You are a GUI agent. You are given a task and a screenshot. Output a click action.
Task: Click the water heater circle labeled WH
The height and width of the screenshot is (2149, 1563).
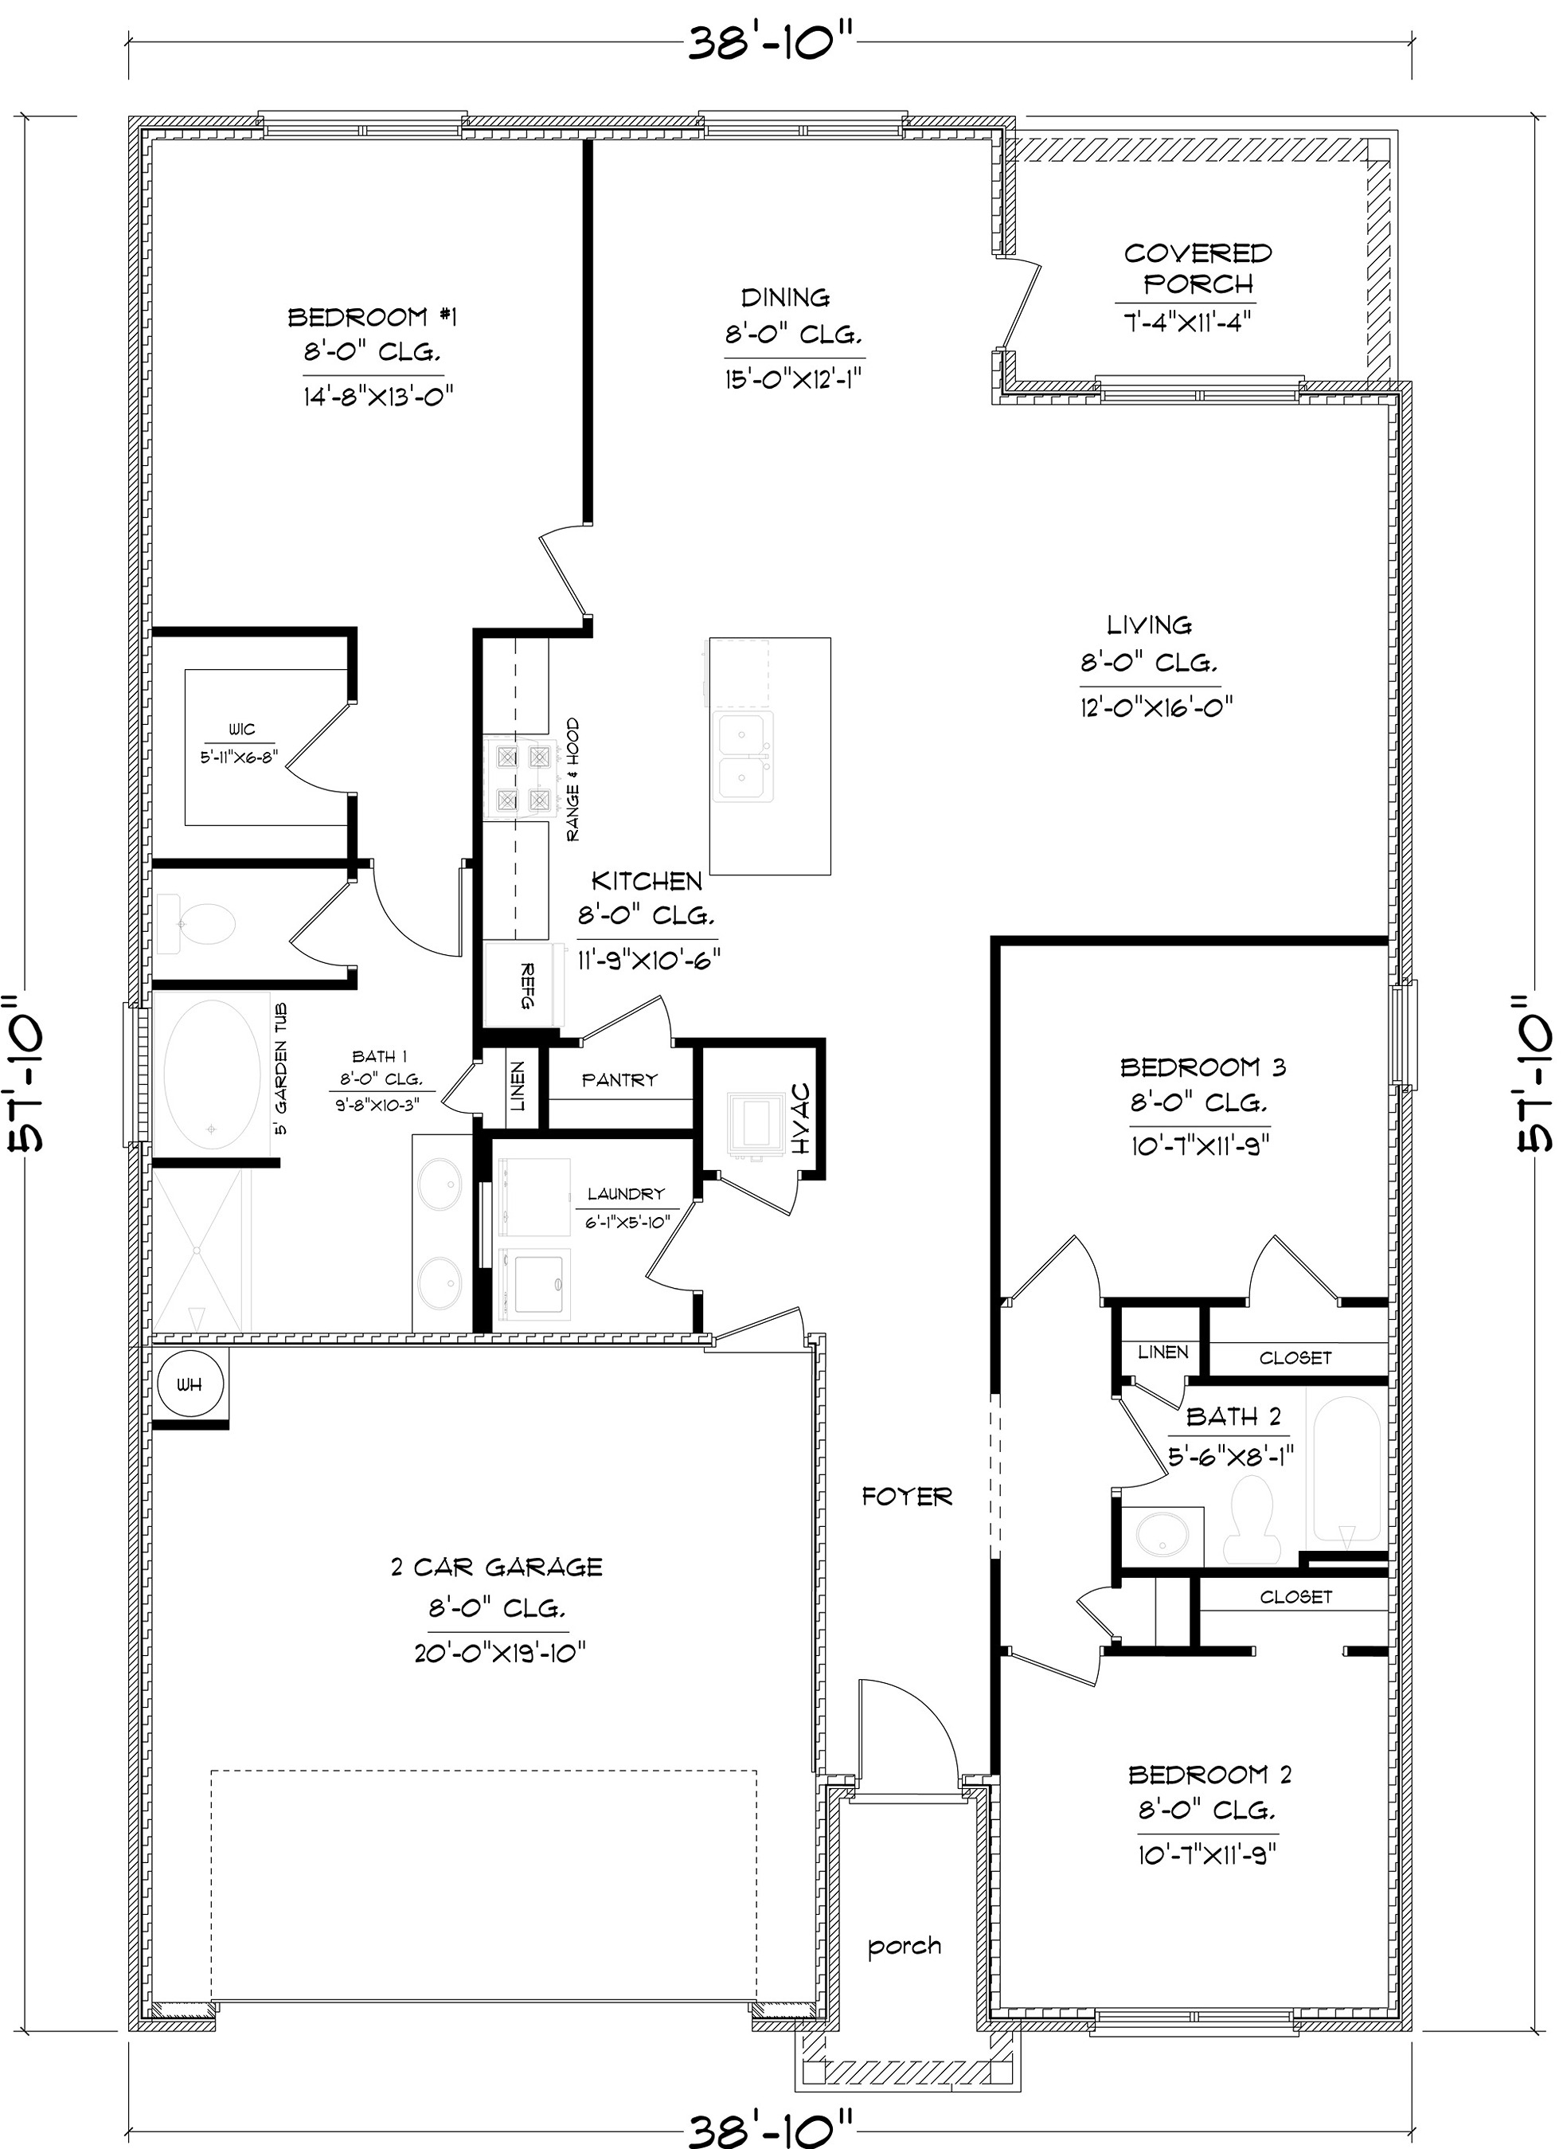coord(190,1385)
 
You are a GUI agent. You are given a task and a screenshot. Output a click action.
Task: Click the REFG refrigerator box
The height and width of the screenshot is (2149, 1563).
coord(524,986)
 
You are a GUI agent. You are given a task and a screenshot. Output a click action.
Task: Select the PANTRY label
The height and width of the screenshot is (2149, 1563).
coord(619,1080)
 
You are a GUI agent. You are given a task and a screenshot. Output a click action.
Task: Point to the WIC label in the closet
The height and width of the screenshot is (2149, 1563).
coord(241,730)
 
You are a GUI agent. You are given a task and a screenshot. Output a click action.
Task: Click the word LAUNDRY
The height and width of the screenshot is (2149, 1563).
coord(625,1194)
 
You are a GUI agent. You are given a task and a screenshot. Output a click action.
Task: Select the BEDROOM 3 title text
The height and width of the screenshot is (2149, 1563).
coord(1203,1068)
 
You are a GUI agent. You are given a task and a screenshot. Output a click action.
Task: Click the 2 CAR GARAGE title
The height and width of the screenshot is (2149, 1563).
coord(496,1568)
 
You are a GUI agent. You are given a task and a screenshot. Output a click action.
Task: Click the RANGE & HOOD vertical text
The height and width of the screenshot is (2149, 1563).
coord(573,780)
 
